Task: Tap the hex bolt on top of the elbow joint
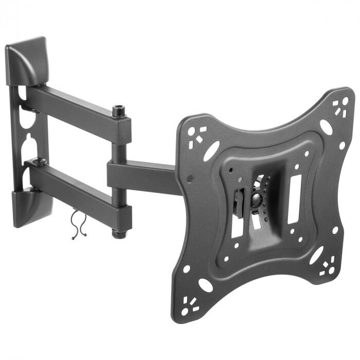[x=119, y=111]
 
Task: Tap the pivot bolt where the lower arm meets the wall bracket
[x=39, y=163]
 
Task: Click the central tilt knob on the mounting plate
[x=256, y=200]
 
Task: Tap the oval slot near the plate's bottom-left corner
[x=206, y=285]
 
